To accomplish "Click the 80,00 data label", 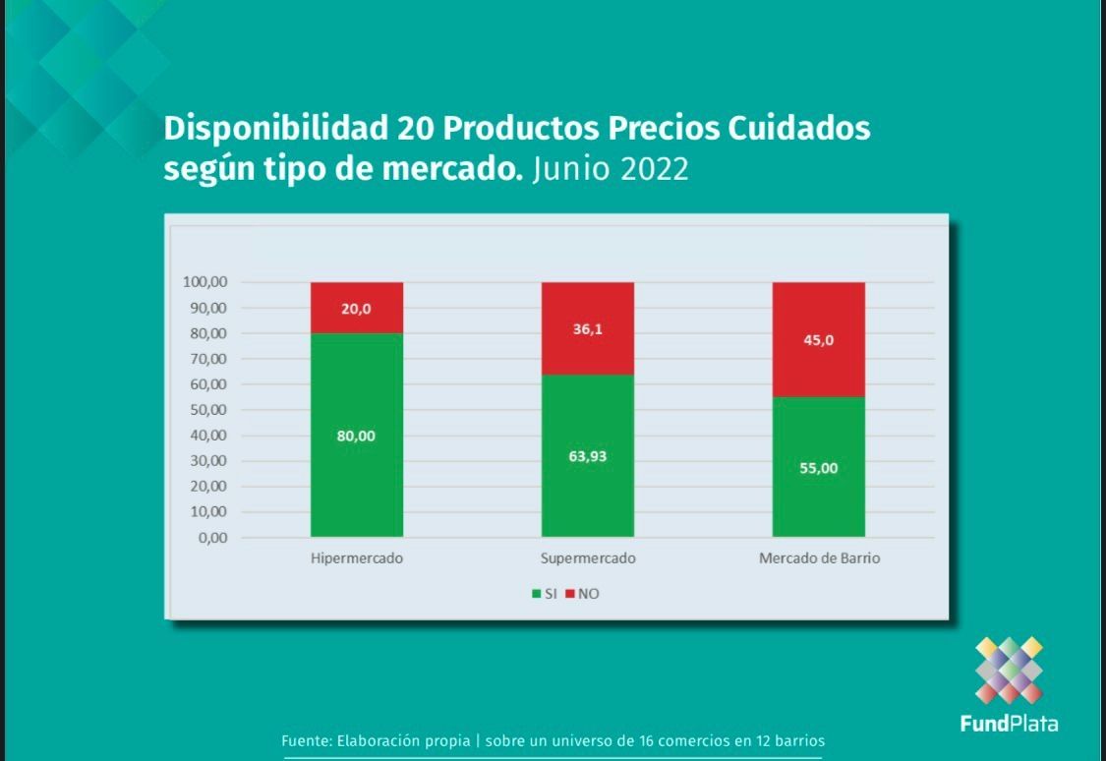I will coord(356,437).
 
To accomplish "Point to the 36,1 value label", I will coord(588,329).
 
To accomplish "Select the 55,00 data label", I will coord(819,468).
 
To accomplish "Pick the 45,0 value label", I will coord(819,340).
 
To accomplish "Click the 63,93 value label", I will coord(588,456).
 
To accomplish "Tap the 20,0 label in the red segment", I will coord(356,309).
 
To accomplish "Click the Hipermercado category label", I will coord(356,558).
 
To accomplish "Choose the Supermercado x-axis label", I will coord(588,558).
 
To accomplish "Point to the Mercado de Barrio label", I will coord(819,558).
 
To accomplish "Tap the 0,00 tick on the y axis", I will coord(211,538).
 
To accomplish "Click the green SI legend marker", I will coord(536,594).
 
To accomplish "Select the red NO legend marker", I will coord(569,594).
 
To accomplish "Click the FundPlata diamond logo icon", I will coord(1009,671).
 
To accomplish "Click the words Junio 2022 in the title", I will coord(610,169).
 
